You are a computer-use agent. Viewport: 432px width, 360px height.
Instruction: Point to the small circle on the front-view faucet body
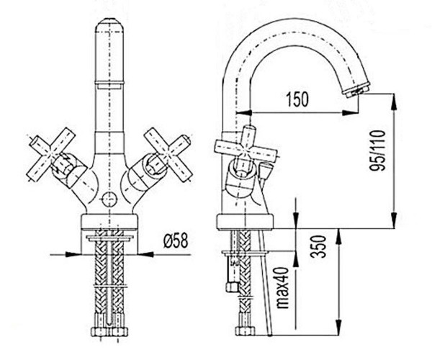pos(108,199)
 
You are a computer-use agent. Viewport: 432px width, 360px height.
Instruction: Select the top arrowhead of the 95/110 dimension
pos(393,99)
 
